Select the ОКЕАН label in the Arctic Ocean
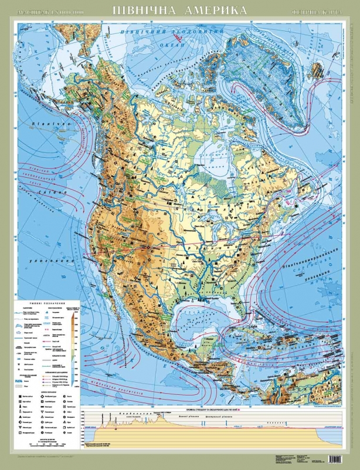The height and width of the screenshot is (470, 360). [174, 43]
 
